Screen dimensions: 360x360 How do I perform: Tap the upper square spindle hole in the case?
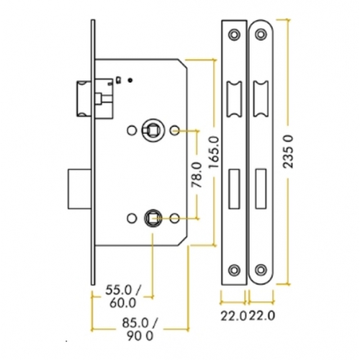pyautogui.click(x=153, y=130)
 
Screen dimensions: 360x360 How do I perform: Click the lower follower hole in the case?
pyautogui.click(x=152, y=216)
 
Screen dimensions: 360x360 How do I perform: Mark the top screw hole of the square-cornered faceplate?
pyautogui.click(x=234, y=34)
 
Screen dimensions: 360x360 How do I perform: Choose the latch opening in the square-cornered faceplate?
pyautogui.click(x=234, y=97)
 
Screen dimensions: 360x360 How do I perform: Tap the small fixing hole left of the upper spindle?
pyautogui.click(x=131, y=130)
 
